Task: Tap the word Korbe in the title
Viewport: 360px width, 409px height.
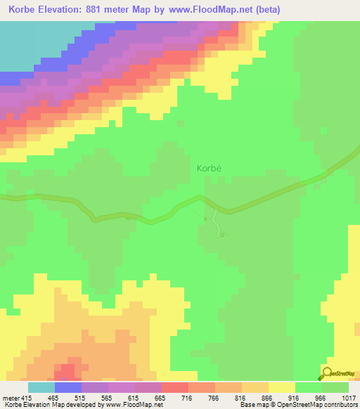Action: [x=26, y=10]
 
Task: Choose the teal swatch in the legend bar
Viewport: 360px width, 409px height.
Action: [x=41, y=387]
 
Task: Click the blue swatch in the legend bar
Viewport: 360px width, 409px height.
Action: [x=68, y=387]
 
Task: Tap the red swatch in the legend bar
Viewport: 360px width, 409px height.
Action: [x=174, y=387]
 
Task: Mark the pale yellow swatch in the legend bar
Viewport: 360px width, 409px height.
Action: [x=281, y=387]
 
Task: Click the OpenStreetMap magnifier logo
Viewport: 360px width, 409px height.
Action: [x=327, y=372]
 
